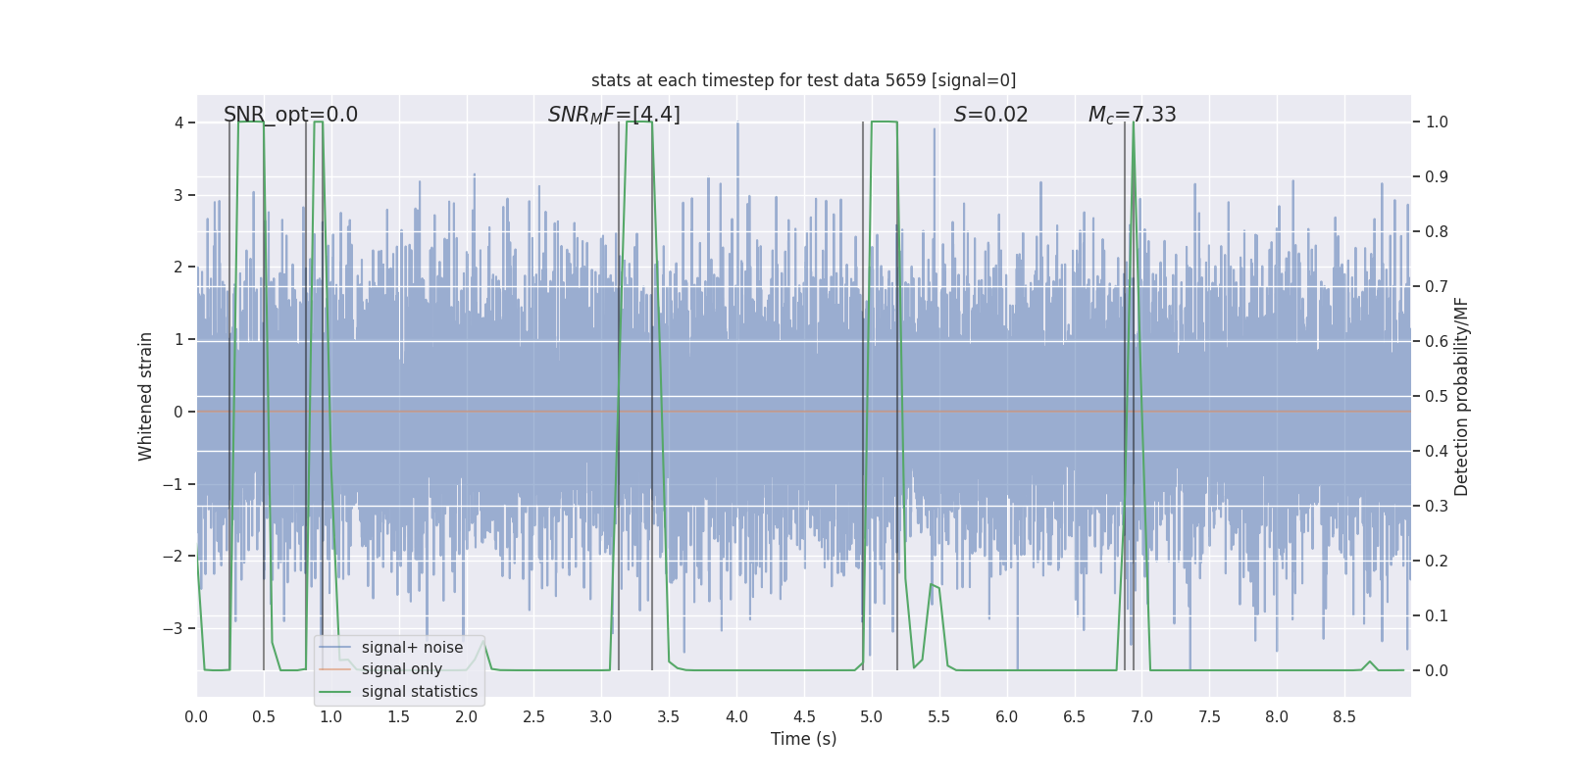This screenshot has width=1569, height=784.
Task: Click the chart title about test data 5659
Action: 803,80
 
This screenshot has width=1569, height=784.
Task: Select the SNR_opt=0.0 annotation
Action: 290,115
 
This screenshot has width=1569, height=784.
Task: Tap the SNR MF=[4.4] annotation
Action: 614,115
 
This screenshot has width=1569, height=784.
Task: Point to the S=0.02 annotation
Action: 990,115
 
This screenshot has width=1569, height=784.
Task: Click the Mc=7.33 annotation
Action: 1132,115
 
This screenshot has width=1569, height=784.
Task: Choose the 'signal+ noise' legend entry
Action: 412,648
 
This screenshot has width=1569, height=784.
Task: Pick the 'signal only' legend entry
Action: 401,669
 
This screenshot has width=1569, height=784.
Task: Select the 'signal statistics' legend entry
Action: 419,692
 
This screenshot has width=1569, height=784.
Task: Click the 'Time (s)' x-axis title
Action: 803,739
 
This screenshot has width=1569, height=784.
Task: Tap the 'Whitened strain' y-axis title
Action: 146,396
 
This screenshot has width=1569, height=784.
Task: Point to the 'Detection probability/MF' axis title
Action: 1461,396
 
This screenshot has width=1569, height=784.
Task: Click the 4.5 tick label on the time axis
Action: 803,717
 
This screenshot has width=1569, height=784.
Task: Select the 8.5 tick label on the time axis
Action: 1343,717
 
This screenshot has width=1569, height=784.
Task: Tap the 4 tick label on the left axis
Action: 178,122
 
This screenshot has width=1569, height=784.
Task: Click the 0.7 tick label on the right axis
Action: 1437,287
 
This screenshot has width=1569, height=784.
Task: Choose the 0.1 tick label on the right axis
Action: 1437,616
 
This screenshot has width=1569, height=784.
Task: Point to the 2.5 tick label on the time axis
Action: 533,717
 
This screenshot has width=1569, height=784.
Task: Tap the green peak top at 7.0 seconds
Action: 1134,123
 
